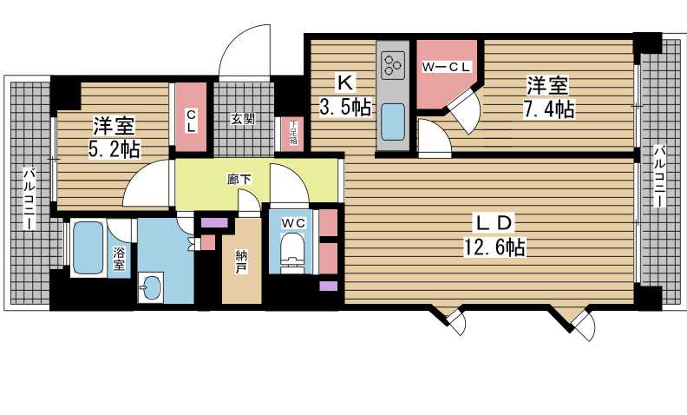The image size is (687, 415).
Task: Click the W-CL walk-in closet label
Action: (446, 67)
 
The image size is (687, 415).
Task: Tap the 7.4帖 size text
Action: (549, 109)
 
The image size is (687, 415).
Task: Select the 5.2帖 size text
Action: (114, 149)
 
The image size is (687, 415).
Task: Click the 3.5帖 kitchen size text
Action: (346, 107)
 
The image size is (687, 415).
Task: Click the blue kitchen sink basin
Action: (393, 121)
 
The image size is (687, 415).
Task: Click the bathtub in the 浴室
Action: (88, 247)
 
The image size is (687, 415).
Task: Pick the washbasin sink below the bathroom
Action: (151, 287)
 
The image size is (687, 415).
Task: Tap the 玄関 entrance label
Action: (243, 119)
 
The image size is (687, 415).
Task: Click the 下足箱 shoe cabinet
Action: (292, 134)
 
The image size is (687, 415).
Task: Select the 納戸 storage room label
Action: (240, 262)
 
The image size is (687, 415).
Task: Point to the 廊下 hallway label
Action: (239, 179)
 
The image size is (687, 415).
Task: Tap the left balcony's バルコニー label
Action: (29, 197)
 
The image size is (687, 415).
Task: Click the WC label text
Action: (293, 223)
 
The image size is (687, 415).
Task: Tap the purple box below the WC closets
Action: (328, 286)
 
